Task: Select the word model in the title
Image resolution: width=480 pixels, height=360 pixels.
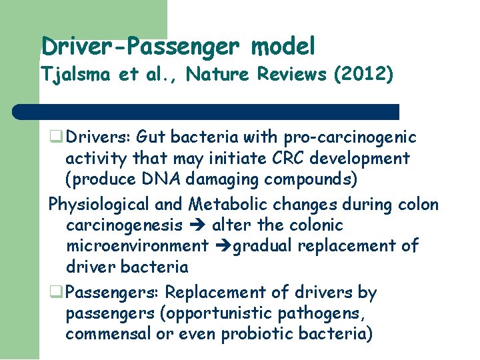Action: click(x=283, y=47)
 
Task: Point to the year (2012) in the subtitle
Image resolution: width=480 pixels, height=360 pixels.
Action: click(x=365, y=74)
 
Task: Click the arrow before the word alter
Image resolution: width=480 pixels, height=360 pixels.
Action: click(x=201, y=226)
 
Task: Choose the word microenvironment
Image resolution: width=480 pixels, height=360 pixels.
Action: click(x=137, y=246)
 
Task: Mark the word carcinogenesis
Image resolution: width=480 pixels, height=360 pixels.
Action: click(x=124, y=225)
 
